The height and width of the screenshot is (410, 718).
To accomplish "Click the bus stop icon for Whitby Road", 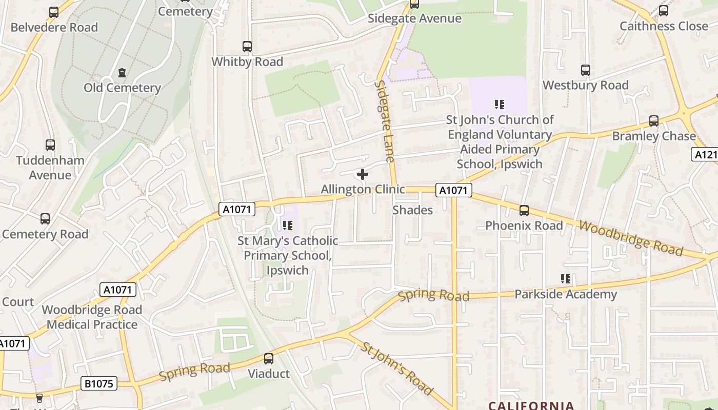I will [247, 47].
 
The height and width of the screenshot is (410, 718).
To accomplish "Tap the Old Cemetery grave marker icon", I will [122, 73].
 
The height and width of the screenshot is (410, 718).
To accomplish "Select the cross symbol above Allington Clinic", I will [363, 174].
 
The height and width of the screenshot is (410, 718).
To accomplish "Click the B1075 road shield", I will [99, 383].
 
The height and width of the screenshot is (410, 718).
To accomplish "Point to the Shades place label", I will [412, 210].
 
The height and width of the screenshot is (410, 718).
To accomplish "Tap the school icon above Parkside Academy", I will [566, 279].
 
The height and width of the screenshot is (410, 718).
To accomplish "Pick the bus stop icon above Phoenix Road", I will [524, 210].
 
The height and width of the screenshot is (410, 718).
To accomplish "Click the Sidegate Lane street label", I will [385, 121].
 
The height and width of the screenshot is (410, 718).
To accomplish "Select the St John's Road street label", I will [397, 368].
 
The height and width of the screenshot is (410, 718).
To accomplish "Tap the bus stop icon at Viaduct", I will [269, 359].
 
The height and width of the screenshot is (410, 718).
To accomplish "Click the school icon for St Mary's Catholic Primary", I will [288, 225].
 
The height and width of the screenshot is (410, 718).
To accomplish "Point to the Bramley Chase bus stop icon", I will [654, 121].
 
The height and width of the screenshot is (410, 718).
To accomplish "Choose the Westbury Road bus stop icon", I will [586, 70].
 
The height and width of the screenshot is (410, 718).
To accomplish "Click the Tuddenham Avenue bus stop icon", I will [50, 145].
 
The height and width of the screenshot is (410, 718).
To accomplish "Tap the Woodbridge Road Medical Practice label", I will [92, 317].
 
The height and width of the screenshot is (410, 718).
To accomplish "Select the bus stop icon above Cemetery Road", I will [45, 219].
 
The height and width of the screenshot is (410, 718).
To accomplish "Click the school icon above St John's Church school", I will [500, 105].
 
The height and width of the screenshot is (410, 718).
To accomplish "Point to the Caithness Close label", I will [664, 26].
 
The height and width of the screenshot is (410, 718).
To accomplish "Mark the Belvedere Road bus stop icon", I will [54, 12].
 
